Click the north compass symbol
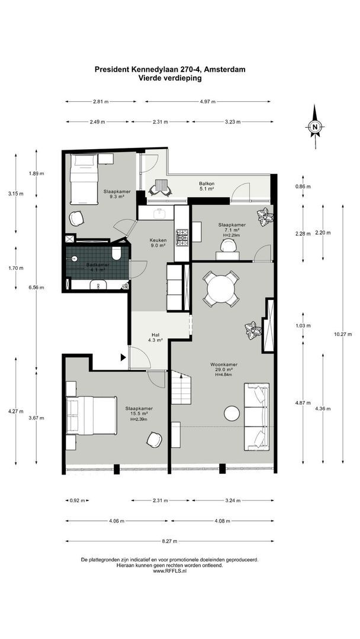click(315, 127)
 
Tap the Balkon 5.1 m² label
click(207, 187)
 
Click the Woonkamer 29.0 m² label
click(223, 367)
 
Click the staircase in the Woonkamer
click(181, 392)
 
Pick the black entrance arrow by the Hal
click(123, 357)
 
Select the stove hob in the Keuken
click(182, 236)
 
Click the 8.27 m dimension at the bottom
click(169, 541)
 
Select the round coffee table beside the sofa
click(232, 413)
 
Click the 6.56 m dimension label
click(37, 288)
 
